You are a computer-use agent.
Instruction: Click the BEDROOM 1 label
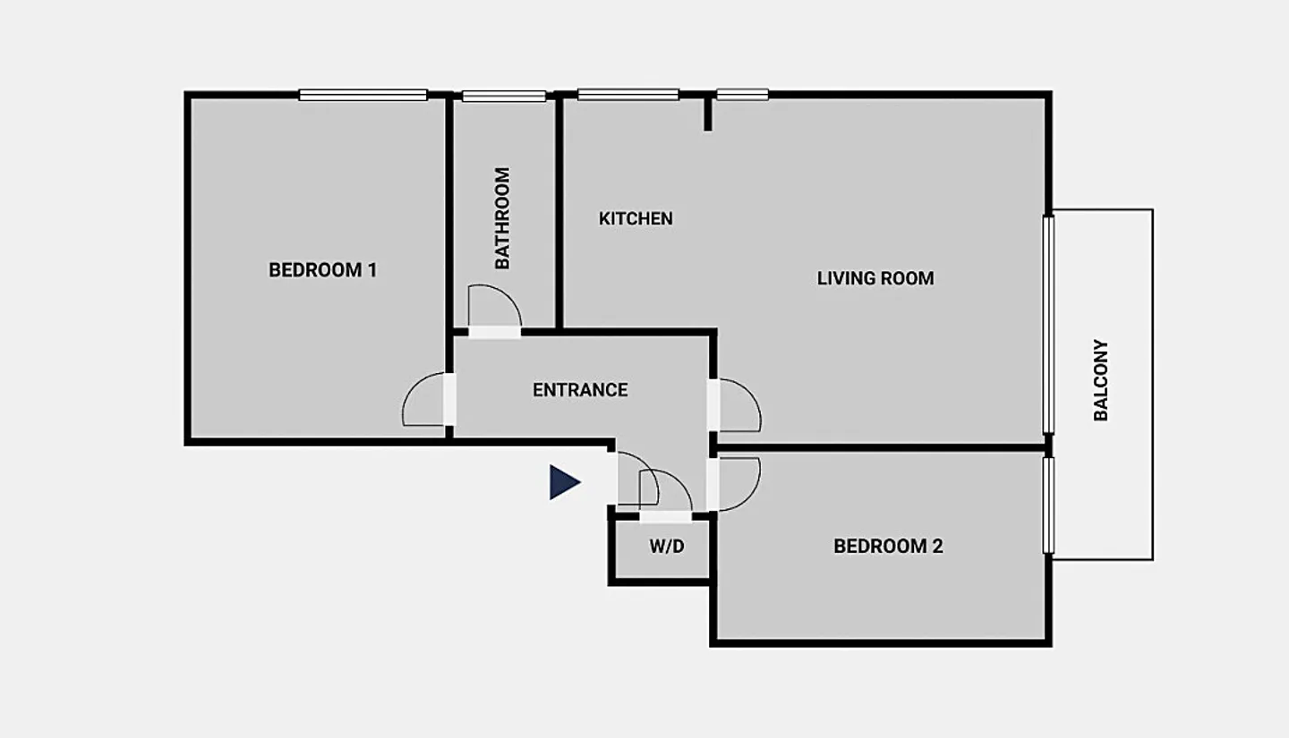[x=323, y=270]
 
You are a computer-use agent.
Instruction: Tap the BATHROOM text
[x=502, y=218]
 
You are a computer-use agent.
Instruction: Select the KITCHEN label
[x=636, y=218]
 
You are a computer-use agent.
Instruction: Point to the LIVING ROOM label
[x=875, y=278]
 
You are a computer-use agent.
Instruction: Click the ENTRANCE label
[x=580, y=390]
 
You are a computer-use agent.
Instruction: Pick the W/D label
[x=667, y=546]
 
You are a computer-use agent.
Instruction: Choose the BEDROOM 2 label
[x=889, y=546]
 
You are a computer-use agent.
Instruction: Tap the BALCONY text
[x=1101, y=380]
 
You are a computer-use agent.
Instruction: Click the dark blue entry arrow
[x=565, y=482]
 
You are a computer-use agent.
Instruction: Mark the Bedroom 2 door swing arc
[x=750, y=497]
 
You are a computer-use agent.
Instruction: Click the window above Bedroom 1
[x=363, y=95]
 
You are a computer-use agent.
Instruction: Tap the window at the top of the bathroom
[x=504, y=96]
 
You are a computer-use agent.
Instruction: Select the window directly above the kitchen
[x=628, y=94]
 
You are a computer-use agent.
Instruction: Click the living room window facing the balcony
[x=1048, y=325]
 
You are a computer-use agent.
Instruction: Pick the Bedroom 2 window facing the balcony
[x=1048, y=505]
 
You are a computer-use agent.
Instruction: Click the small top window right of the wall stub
[x=742, y=94]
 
